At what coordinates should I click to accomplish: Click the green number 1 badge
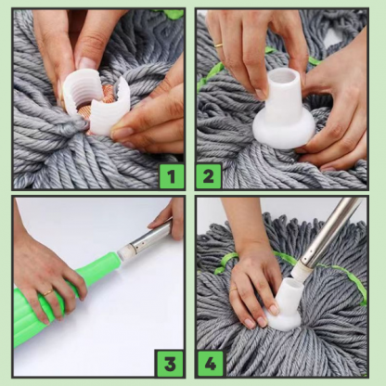click(171, 176)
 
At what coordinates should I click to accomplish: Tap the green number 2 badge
click(209, 176)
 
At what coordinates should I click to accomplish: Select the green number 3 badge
click(170, 364)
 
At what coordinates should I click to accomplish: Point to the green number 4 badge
click(211, 364)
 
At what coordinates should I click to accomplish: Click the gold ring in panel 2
click(219, 45)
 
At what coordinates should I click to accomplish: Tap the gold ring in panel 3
click(48, 292)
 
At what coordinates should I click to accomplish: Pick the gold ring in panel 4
click(234, 289)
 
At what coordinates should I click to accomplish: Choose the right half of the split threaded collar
click(109, 106)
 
